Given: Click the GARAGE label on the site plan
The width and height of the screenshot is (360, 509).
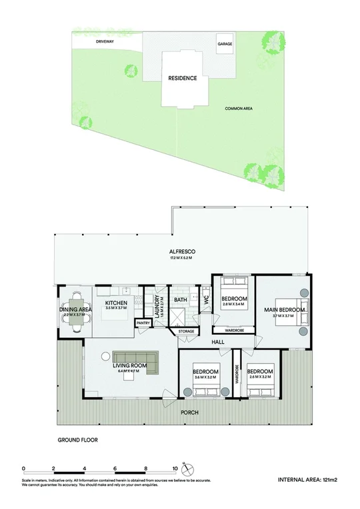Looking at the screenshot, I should [x=225, y=44].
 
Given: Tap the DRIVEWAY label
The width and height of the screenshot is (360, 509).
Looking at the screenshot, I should [x=105, y=41].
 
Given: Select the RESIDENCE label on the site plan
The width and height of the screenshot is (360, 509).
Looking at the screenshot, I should [x=182, y=78].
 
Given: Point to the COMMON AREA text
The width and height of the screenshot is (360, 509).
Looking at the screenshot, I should [x=239, y=109].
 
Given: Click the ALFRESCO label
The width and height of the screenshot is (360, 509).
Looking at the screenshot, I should [x=181, y=252].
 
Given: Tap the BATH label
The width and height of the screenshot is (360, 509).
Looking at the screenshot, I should [x=181, y=300].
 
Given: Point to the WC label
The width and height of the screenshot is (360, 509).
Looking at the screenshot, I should [x=207, y=300].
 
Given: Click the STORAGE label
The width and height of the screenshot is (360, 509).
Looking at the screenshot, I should [x=186, y=330].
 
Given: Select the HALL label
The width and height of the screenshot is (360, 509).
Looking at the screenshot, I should [x=217, y=342].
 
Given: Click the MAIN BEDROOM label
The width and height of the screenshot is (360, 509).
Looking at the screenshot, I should [x=285, y=310].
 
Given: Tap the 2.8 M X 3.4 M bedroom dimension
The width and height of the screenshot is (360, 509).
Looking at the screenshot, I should [x=233, y=304].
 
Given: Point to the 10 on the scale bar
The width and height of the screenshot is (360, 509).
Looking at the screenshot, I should [x=175, y=468].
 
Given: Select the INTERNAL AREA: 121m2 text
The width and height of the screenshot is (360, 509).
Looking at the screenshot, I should [x=308, y=479].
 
